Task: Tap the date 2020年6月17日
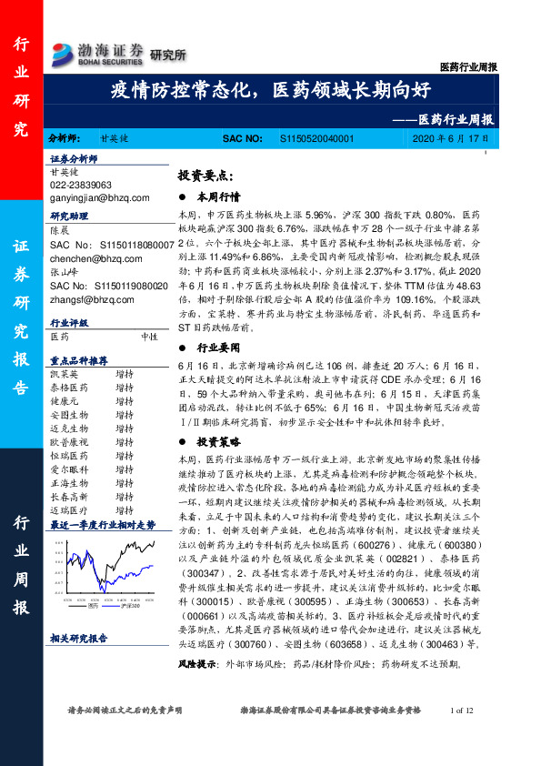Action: pyautogui.click(x=451, y=139)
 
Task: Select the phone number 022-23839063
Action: pyautogui.click(x=82, y=184)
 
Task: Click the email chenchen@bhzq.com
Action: pyautogui.click(x=88, y=260)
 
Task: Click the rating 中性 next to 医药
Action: pyautogui.click(x=150, y=336)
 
